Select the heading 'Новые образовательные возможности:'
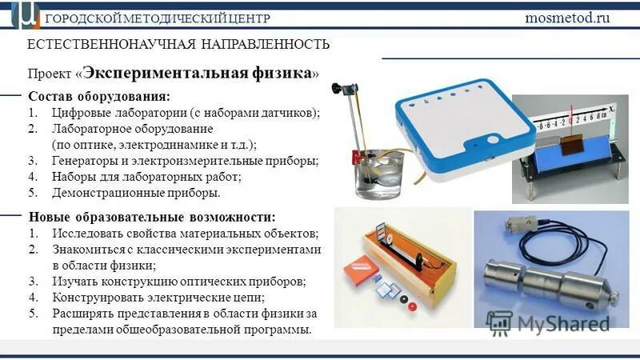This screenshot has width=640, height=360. pyautogui.click(x=152, y=217)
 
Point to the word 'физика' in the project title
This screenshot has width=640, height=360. pyautogui.click(x=278, y=72)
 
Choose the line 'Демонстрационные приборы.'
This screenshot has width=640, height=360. pyautogui.click(x=135, y=193)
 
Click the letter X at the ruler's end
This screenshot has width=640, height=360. pyautogui.click(x=610, y=106)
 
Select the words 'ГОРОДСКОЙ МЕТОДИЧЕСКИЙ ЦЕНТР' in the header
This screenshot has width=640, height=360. pyautogui.click(x=158, y=18)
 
